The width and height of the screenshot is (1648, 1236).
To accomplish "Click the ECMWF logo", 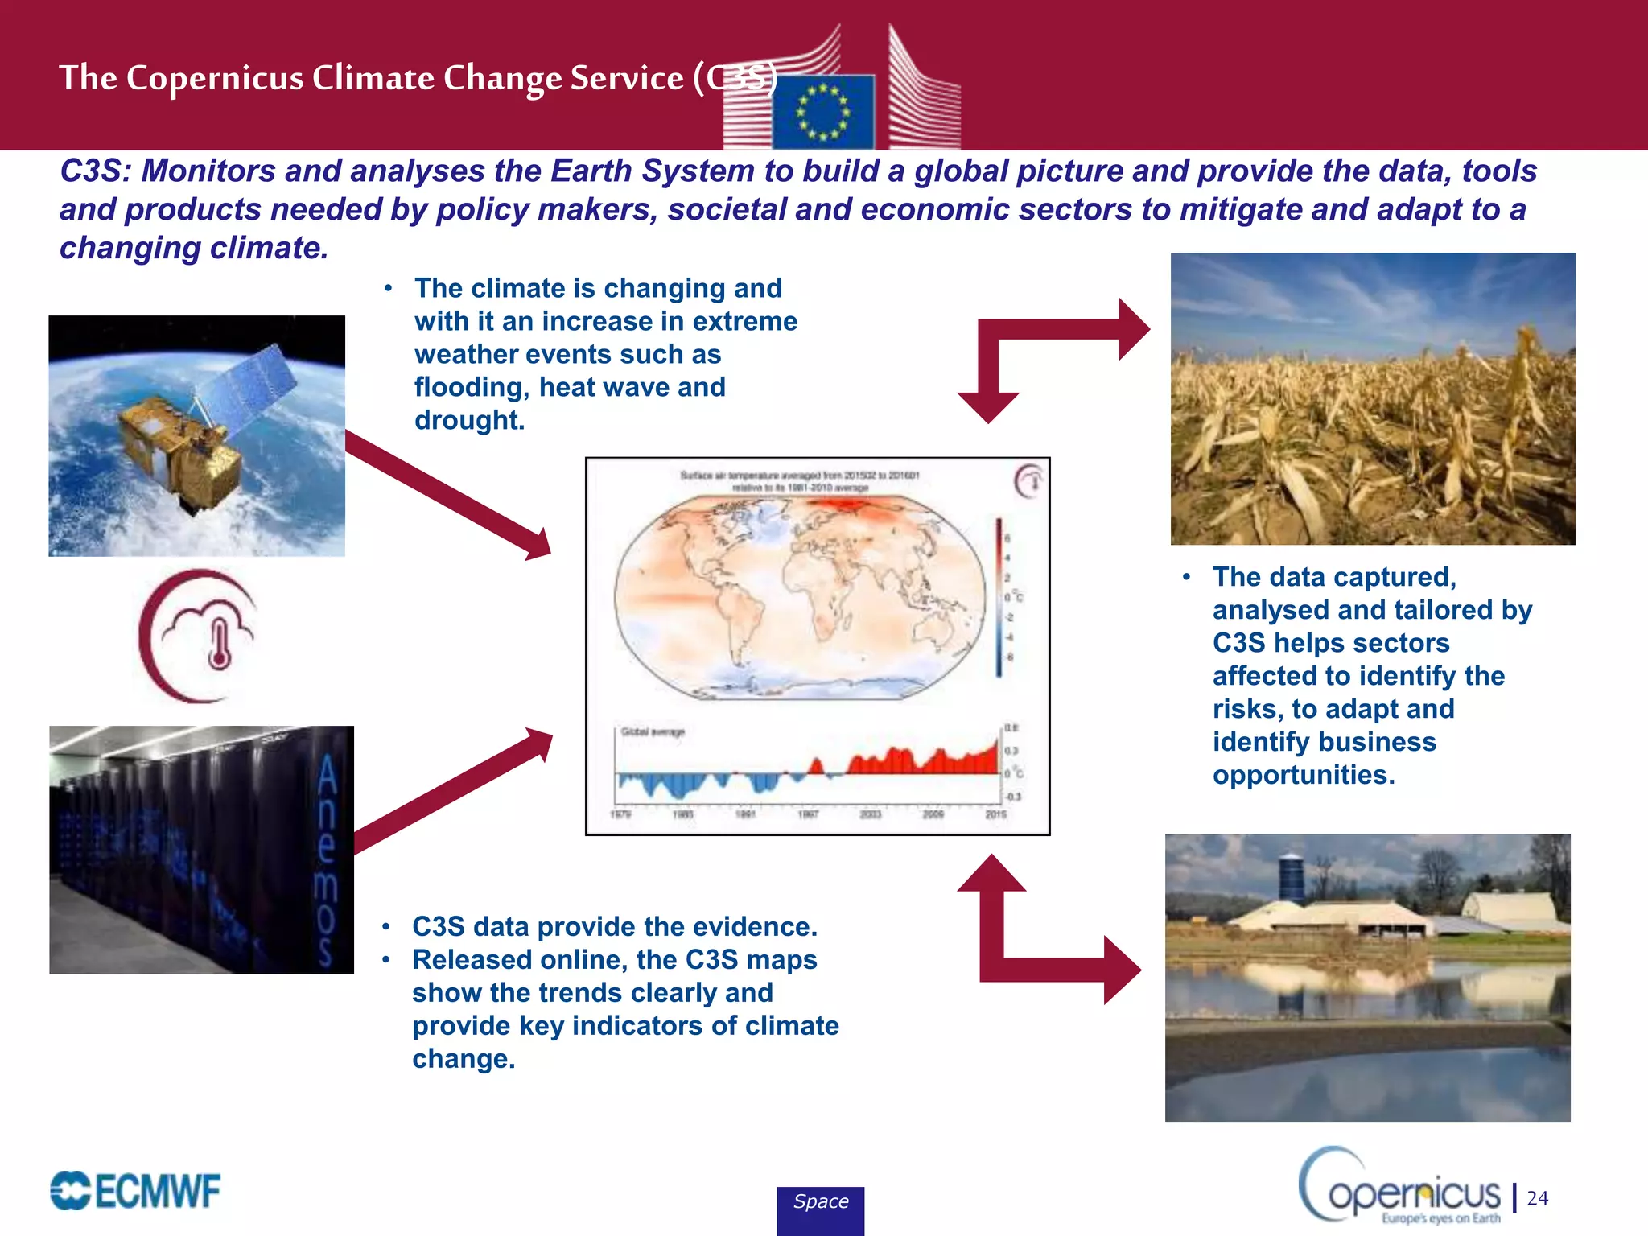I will click(135, 1191).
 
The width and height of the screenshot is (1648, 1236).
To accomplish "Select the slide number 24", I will click(1538, 1198).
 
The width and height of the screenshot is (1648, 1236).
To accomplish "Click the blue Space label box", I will click(820, 1209).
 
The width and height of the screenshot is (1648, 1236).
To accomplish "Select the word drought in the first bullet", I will click(469, 420).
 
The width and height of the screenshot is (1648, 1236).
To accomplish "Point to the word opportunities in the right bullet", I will click(1304, 775).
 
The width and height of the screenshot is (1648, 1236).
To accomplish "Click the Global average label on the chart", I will click(653, 731).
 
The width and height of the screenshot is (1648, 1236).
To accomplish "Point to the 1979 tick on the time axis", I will click(620, 814).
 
